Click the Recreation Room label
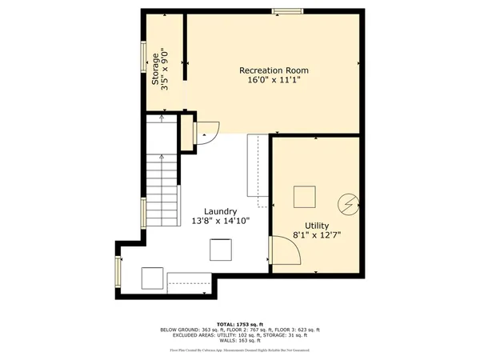[274, 70]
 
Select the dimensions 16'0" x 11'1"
[274, 81]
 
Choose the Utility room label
[316, 226]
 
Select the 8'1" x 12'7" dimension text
[316, 236]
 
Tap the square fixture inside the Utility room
[304, 197]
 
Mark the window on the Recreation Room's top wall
[287, 11]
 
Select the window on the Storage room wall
[144, 58]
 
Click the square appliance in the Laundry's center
[221, 250]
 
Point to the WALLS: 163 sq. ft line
[240, 341]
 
